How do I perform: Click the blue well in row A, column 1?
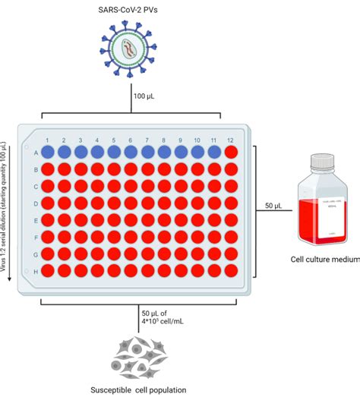47,152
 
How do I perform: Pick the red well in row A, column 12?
232,152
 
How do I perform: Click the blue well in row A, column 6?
131,152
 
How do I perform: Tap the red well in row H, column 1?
47,270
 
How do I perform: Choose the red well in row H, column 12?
232,270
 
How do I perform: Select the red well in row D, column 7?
147,203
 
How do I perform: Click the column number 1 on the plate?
47,140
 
